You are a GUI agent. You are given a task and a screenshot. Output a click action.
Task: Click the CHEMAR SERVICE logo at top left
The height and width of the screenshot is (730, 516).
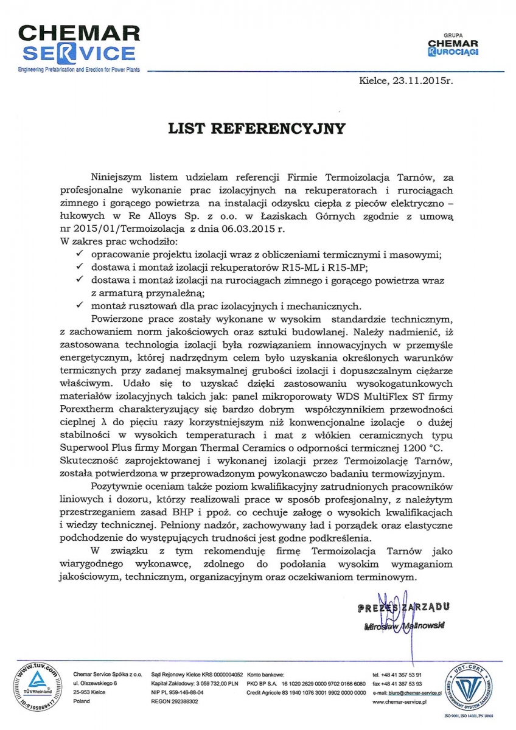coord(77,44)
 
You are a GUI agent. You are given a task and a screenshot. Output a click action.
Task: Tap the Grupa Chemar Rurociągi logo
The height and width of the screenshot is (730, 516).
coord(453,47)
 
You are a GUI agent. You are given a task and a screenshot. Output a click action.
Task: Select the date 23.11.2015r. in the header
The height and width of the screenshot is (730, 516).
coord(422,80)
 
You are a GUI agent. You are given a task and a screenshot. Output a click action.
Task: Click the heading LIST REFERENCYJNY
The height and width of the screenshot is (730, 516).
coord(257,128)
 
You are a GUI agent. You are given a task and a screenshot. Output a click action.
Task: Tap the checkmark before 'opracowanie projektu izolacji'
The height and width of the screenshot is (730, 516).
coord(77,254)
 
